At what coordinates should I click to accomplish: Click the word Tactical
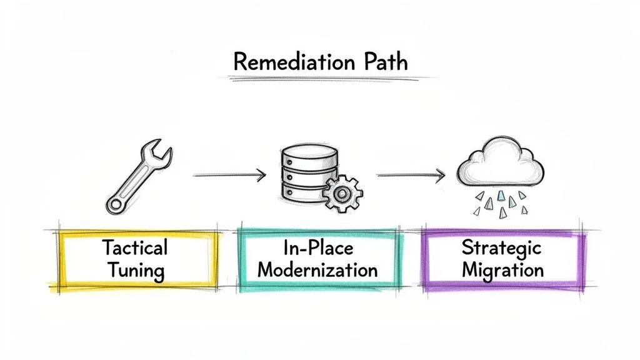coord(136,247)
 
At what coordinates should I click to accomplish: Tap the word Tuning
coord(136,271)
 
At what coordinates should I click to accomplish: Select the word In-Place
coord(317,247)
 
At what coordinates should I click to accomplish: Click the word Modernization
coord(317,271)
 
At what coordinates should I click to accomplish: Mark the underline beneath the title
coord(325,79)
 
